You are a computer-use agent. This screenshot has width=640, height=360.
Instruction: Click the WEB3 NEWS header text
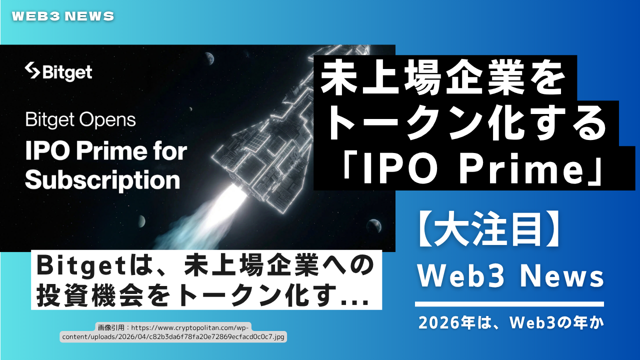[x=63, y=16]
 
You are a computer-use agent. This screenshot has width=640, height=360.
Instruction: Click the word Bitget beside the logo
[x=67, y=72]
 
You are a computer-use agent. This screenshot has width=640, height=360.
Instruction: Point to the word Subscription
[x=102, y=180]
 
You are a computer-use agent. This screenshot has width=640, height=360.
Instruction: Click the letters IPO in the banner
[x=47, y=151]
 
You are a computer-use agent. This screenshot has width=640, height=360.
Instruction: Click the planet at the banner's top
[x=209, y=58]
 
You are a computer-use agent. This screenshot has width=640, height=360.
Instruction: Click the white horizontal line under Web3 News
[x=509, y=304]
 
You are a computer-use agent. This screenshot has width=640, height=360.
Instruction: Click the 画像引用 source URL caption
[x=173, y=332]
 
